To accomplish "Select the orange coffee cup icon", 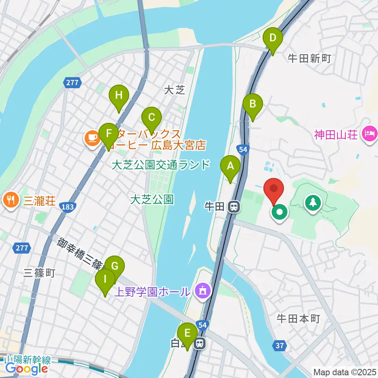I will [92, 138].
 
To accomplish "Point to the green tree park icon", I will [313, 203].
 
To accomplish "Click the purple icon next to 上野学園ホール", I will [203, 291].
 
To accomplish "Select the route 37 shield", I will [279, 346].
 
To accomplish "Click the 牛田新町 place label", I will [309, 59].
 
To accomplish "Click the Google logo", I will [27, 369].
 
